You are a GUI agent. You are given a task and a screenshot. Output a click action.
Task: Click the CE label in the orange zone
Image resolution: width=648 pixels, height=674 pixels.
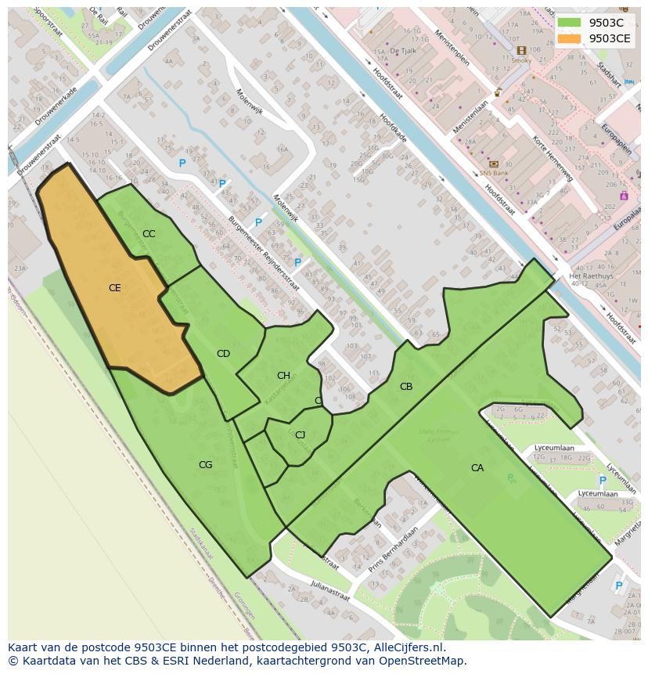click(114, 288)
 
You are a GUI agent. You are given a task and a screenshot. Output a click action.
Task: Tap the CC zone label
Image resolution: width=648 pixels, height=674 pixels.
click(149, 234)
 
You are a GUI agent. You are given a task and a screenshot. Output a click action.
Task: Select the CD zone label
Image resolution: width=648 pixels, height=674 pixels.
click(223, 354)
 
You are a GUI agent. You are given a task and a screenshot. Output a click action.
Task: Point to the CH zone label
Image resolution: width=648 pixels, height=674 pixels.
click(283, 376)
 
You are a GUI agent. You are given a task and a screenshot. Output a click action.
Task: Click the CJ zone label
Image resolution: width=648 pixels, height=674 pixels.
click(300, 435)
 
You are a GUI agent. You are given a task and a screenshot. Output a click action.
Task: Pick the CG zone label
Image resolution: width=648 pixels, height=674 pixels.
click(205, 465)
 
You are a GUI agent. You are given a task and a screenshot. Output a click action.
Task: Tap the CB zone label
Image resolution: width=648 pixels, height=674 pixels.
click(406, 387)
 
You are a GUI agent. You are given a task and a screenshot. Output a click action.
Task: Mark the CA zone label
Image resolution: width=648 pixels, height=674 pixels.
click(477, 468)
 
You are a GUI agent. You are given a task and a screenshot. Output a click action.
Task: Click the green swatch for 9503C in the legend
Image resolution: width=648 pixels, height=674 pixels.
click(569, 23)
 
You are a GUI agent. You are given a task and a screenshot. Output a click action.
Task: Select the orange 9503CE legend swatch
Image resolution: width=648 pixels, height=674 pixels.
click(569, 38)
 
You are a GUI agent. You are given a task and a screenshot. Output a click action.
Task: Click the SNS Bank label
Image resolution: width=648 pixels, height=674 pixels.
click(494, 173)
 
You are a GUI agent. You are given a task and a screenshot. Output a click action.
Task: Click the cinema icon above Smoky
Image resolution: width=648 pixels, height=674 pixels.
click(521, 51)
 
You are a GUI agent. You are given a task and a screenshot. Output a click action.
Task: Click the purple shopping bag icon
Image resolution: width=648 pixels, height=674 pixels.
click(624, 196)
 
